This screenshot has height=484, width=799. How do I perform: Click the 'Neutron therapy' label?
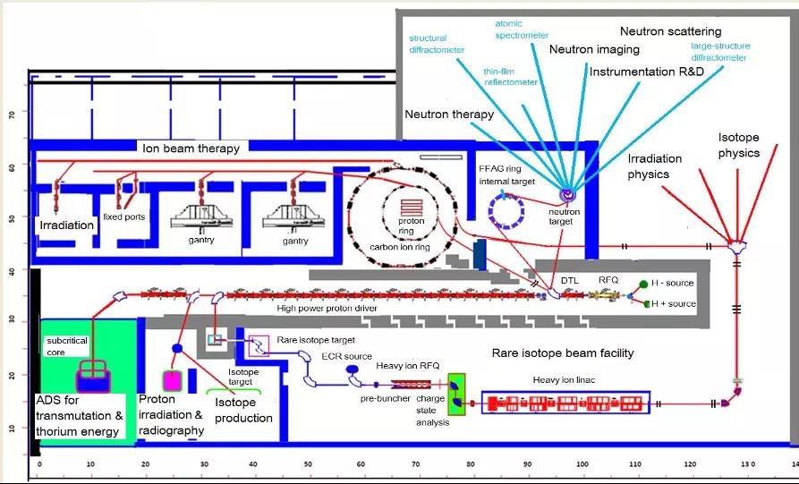(x=449, y=115)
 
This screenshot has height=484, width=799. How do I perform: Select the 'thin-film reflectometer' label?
(x=511, y=76)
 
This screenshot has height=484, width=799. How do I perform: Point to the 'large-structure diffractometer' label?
(x=720, y=52)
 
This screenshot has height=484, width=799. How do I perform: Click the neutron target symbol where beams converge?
(x=565, y=192)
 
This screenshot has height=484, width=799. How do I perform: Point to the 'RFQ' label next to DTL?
(x=608, y=279)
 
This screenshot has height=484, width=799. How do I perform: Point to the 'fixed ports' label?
(x=123, y=216)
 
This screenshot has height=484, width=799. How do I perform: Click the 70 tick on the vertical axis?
(x=11, y=115)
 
